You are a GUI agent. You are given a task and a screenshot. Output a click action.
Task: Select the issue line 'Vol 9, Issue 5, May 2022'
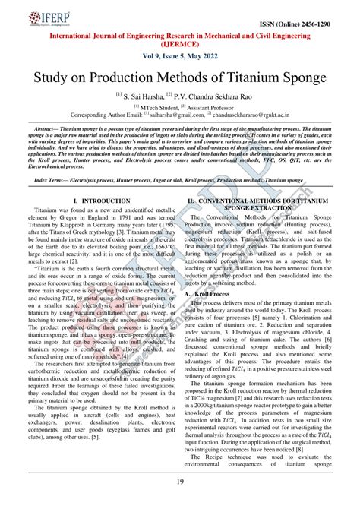(x=179, y=60)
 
